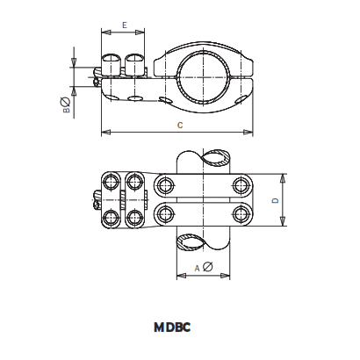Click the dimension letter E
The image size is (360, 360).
pyautogui.click(x=124, y=26)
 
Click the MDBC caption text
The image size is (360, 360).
pyautogui.click(x=173, y=328)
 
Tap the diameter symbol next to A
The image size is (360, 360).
pyautogui.click(x=207, y=267)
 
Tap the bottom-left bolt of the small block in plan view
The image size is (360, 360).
pyautogui.click(x=112, y=217)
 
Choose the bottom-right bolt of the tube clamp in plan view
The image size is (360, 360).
pyautogui.click(x=240, y=214)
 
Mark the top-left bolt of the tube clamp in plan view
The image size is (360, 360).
pyautogui.click(x=164, y=184)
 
